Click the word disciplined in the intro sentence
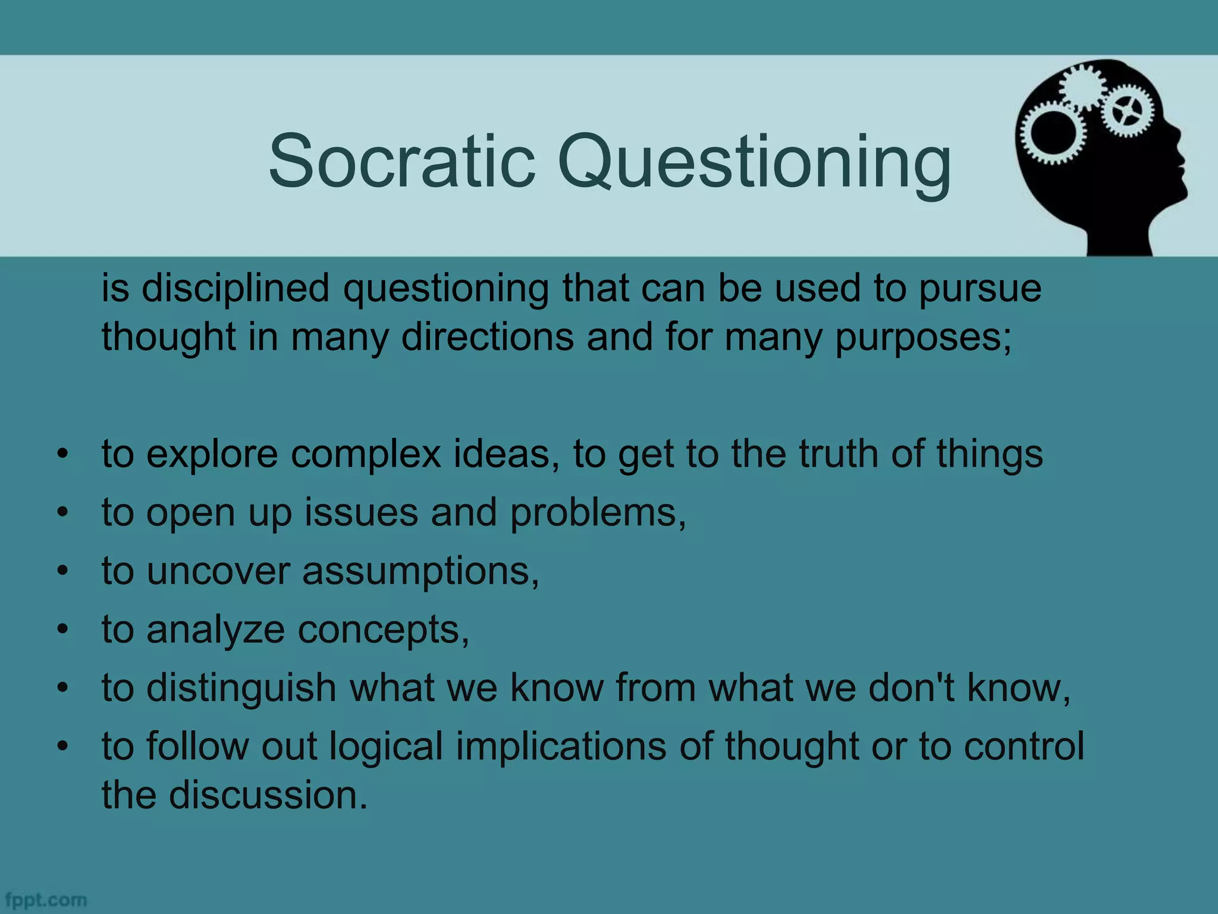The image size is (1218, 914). [x=235, y=288]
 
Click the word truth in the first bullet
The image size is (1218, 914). [x=838, y=454]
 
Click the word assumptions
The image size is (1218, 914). [x=420, y=571]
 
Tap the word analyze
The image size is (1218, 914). [x=215, y=630]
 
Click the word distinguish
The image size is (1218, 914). [x=241, y=688]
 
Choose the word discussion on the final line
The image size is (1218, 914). [x=268, y=795]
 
